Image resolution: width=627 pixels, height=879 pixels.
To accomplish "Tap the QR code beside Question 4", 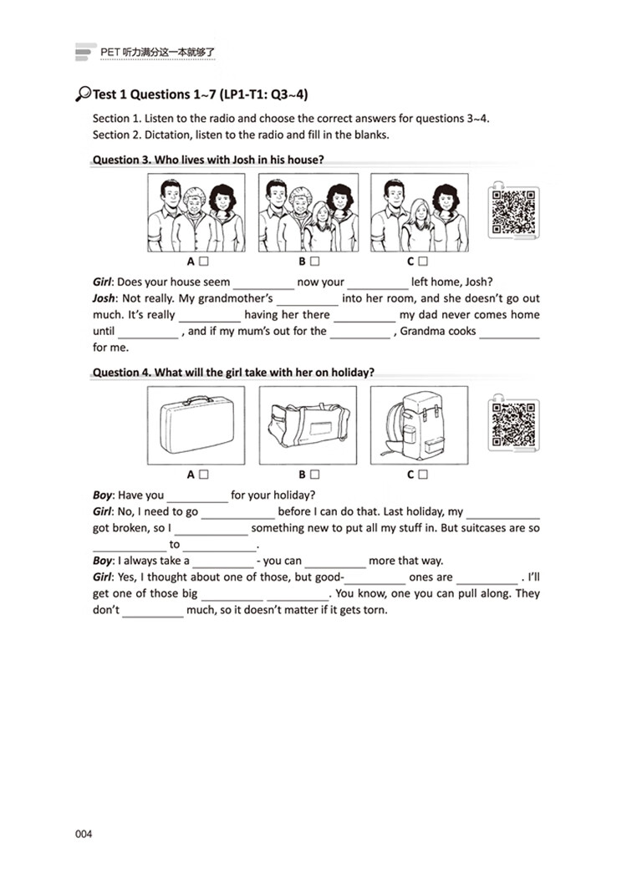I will (x=512, y=424).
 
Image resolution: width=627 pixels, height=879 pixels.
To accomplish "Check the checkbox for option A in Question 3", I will (x=204, y=262).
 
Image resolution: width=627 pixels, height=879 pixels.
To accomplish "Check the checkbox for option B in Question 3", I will (x=314, y=262).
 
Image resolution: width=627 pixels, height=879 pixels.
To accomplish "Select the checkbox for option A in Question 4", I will (x=204, y=475).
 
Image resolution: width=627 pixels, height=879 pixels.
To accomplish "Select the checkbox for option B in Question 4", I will (x=314, y=475).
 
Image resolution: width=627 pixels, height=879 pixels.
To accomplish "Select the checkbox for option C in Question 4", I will (x=424, y=475).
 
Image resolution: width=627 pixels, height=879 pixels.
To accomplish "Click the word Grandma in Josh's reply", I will (x=423, y=331).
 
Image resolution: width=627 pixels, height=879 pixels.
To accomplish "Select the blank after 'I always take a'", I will (x=223, y=561).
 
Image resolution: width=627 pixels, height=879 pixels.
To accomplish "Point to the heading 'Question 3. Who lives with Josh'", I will (x=208, y=159).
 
